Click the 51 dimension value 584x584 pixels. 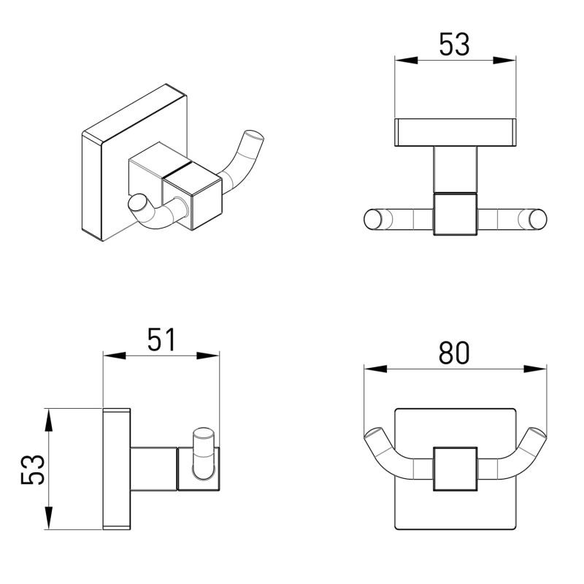(x=161, y=339)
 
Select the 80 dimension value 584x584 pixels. (x=454, y=353)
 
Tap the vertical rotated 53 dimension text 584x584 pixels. (x=33, y=469)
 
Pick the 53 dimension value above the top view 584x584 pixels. (x=454, y=44)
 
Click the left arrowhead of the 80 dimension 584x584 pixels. (x=375, y=369)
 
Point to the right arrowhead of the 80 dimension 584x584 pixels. (x=535, y=369)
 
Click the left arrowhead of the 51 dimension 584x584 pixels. (x=115, y=356)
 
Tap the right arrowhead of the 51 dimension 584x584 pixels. (x=208, y=356)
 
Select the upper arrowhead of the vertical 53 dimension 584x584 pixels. (x=48, y=420)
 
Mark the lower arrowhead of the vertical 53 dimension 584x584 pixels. (x=48, y=518)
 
